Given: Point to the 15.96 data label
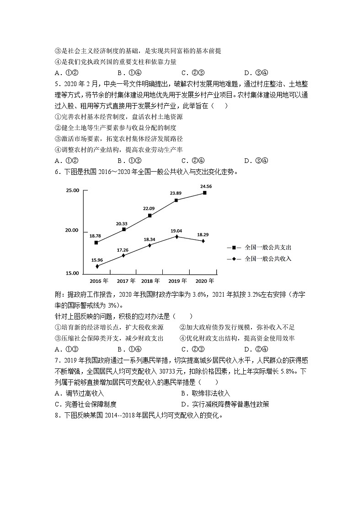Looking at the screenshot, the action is pos(97,260).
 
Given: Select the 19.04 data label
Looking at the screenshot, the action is pos(176,231).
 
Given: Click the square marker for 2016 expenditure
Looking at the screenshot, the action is pos(96,242).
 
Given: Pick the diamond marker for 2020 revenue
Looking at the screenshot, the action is pos(203,241).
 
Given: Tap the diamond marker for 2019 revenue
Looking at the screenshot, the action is pos(176,237).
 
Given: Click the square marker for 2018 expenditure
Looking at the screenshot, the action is pos(150,215).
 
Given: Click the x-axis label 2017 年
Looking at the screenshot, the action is pos(126,281).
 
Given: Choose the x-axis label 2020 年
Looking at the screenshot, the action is pos(205,281).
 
